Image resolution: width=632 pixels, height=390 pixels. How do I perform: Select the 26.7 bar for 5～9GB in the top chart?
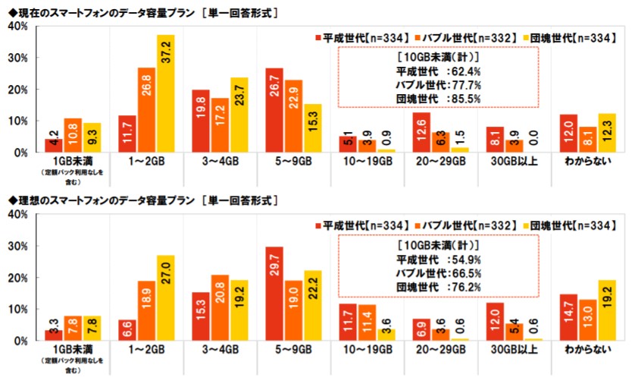click(x=275, y=110)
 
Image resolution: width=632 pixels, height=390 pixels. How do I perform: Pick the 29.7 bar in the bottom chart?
click(x=275, y=294)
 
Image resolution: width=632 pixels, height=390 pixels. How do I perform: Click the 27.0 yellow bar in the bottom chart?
click(x=165, y=298)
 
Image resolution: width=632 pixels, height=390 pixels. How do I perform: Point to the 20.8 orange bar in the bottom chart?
click(x=220, y=308)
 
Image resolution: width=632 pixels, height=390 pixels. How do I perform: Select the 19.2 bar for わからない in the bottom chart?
click(x=607, y=310)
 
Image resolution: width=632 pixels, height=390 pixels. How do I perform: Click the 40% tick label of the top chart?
click(x=17, y=27)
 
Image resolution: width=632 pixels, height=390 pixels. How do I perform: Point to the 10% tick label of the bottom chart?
click(x=17, y=310)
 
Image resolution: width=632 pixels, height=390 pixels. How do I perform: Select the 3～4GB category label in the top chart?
click(x=220, y=161)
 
